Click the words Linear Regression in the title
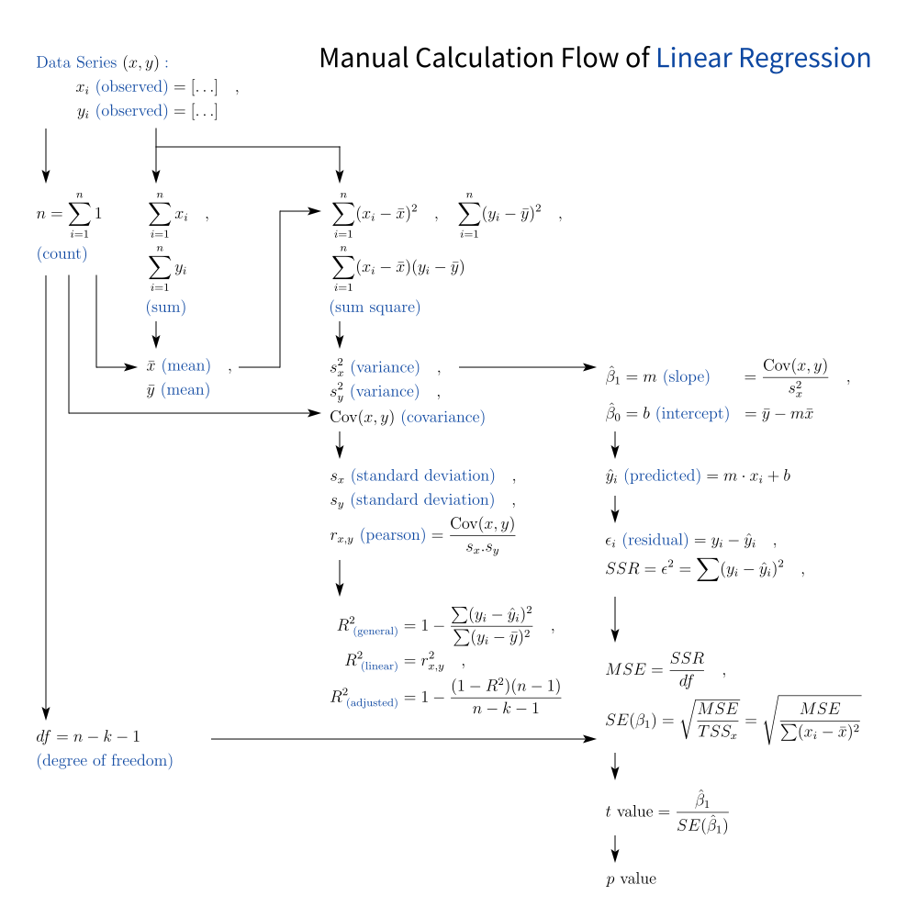[x=763, y=59]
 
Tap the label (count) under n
[x=62, y=253]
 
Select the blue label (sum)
[x=165, y=308]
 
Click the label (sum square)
[x=375, y=308]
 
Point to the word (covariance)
[x=442, y=417]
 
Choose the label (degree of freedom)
[x=105, y=760]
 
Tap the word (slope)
[x=687, y=376]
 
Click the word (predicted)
[x=662, y=477]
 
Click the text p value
[x=631, y=879]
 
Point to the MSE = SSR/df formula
[x=654, y=669]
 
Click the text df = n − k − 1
[x=88, y=736]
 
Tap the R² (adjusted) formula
[x=445, y=698]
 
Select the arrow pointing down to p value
[x=615, y=846]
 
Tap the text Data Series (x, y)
[x=102, y=63]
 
